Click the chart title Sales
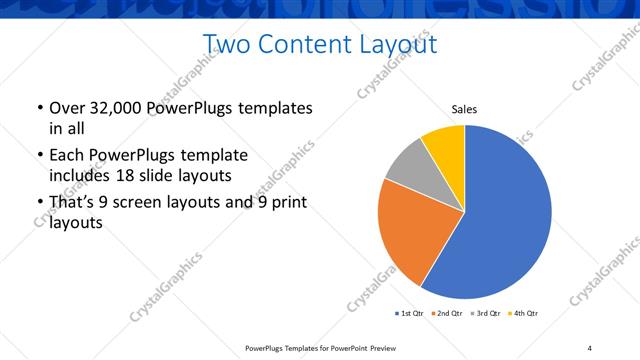[464, 108]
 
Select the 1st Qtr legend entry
[410, 314]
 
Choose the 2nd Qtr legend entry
[445, 314]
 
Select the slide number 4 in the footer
[590, 347]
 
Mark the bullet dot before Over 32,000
[39, 108]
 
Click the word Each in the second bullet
[66, 156]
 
